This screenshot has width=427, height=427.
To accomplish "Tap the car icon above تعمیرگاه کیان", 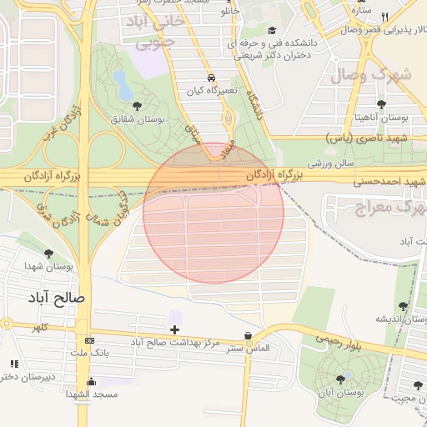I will point(216,76).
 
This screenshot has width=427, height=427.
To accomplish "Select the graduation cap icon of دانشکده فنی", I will point(272,31).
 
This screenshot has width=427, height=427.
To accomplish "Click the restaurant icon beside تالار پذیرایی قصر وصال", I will point(384,18).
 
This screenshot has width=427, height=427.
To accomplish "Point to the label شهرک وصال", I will point(371,74).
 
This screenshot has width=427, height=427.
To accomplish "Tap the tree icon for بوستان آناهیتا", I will point(382,104).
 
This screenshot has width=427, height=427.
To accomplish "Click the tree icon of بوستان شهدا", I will point(48,254).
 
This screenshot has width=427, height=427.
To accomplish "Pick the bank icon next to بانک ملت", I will point(89,341).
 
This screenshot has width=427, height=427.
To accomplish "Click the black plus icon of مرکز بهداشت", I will point(174,329).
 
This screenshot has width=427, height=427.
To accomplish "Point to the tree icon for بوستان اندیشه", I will point(404,307).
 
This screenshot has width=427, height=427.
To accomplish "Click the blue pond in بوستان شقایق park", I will point(123,84).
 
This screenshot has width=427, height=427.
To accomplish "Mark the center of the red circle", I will point(213,212).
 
